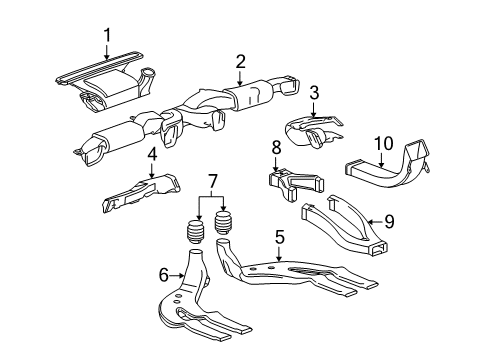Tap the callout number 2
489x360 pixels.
[240, 62]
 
